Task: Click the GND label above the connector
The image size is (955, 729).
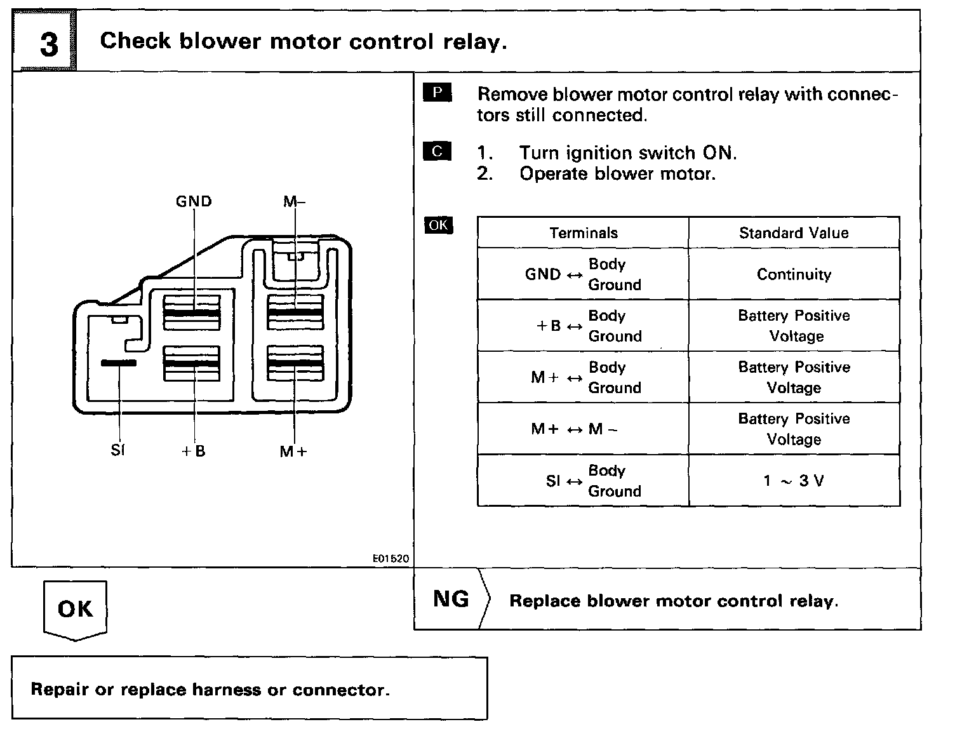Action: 194,201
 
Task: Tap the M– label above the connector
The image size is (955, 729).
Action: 294,201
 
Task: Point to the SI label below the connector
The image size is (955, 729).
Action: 118,451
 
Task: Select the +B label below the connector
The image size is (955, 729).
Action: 194,451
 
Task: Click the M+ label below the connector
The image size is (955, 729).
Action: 293,451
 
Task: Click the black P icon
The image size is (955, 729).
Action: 437,93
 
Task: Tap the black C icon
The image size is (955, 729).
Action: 437,152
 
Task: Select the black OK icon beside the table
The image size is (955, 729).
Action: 438,225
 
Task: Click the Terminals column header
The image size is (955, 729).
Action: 584,233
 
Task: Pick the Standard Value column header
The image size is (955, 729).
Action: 794,233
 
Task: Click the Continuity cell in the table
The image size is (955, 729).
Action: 794,274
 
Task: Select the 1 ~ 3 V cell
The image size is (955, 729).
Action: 794,481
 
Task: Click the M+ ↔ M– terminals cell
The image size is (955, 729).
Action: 574,429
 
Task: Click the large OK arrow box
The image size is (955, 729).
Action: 75,609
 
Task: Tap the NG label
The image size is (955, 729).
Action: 451,599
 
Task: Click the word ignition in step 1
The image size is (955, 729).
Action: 599,153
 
